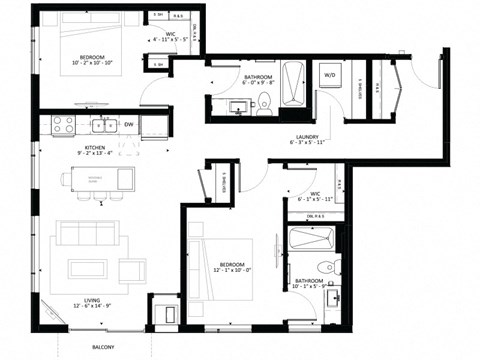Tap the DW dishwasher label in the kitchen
[x=129, y=125]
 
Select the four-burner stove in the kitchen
[x=63, y=125]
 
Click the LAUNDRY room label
[x=306, y=138]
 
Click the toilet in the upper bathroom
[x=263, y=101]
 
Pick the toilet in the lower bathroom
[x=323, y=266]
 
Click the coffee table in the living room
[x=88, y=268]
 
